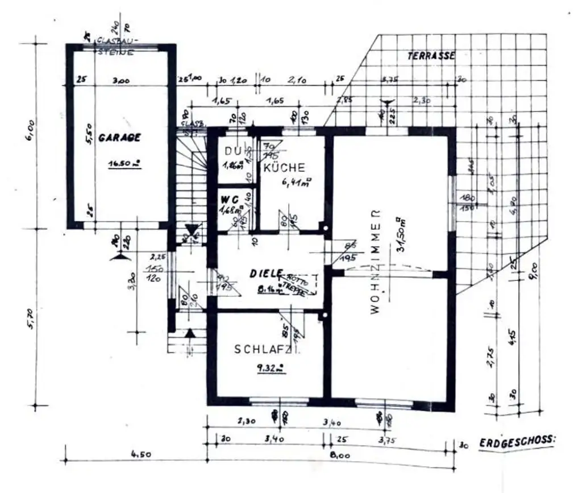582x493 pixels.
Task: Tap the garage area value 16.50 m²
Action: pyautogui.click(x=124, y=164)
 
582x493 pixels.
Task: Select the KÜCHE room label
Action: pyautogui.click(x=284, y=168)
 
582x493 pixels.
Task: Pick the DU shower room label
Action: pyautogui.click(x=231, y=151)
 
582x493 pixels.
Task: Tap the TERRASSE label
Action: pyautogui.click(x=431, y=56)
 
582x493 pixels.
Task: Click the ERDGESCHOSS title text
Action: pyautogui.click(x=517, y=442)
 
